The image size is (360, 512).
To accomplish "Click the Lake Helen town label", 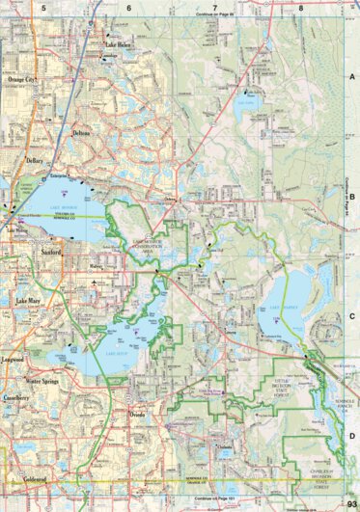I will point(119,45).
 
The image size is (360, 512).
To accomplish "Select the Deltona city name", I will point(82,133).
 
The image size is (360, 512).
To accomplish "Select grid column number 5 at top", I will point(43,7).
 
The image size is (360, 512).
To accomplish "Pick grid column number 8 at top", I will point(301,7).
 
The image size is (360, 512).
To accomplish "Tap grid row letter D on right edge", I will point(351,435).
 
